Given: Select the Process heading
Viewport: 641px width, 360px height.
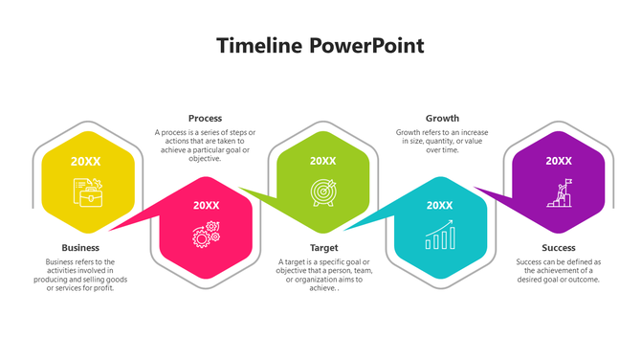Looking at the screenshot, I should point(205,119).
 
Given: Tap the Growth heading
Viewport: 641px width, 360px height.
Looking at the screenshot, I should point(442,119).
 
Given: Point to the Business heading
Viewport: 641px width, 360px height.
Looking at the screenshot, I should point(80,248).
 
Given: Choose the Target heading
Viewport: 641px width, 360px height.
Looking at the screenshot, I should point(323,248).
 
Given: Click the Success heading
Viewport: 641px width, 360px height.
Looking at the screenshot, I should point(558,248).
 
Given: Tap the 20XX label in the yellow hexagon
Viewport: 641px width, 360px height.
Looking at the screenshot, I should point(85,161).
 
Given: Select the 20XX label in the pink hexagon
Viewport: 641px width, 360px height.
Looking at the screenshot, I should point(206,205).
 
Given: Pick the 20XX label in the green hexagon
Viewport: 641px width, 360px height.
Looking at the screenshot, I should point(323,161).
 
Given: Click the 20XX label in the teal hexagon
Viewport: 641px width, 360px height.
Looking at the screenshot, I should point(440,205).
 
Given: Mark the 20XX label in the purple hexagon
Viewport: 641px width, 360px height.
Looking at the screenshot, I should point(559,161).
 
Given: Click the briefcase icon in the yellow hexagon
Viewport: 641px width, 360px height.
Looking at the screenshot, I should point(88,194).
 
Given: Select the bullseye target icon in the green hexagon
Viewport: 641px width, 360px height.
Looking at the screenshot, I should point(323,193).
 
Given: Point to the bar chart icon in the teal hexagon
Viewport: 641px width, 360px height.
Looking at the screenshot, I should point(440,236).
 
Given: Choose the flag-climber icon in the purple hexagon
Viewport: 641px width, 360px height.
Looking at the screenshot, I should point(559,193).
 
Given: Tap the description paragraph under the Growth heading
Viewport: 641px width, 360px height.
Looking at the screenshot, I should point(441,141).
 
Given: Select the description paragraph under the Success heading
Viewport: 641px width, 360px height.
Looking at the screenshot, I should point(558,271).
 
